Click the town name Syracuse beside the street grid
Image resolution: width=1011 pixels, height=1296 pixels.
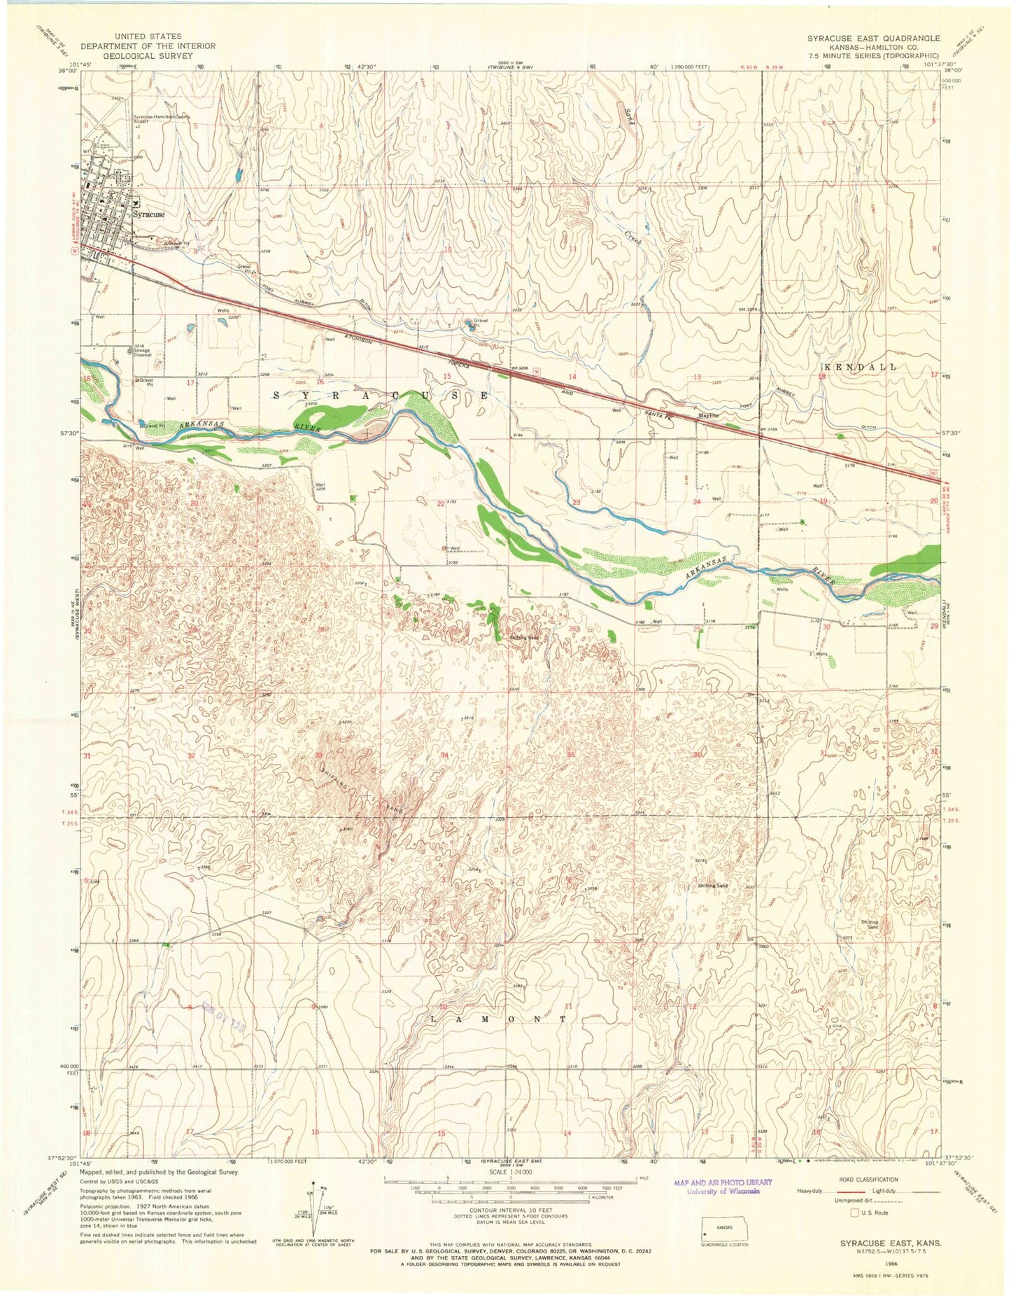pyautogui.click(x=149, y=214)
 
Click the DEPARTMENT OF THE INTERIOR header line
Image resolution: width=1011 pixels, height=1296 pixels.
pyautogui.click(x=148, y=46)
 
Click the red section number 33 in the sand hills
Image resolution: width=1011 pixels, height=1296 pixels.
pyautogui.click(x=318, y=755)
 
